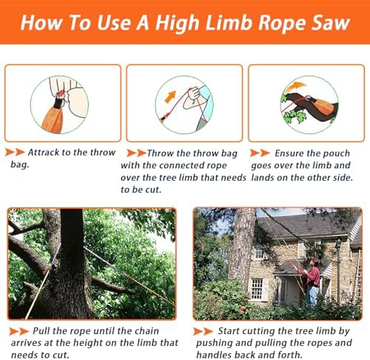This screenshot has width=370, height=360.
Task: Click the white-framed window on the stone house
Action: click(258, 289)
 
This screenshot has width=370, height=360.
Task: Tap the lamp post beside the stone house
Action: click(339, 267)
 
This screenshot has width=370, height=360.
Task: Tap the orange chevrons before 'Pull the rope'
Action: click(18, 330)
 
